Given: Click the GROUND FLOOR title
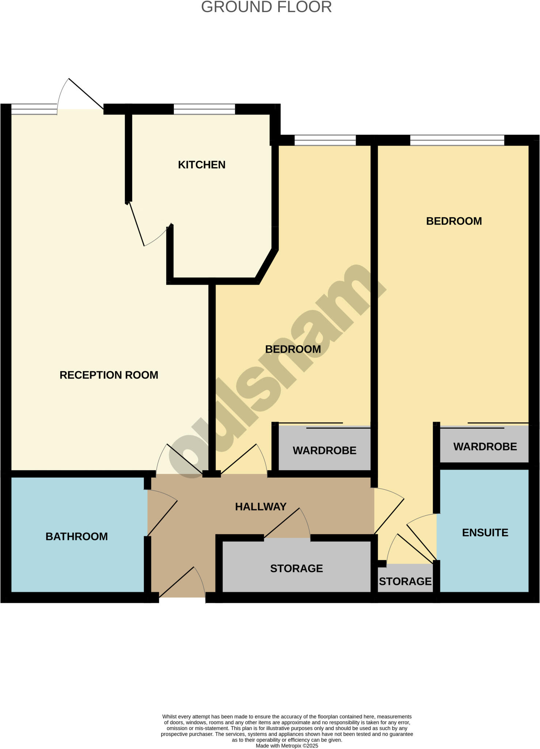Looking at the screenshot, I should [x=266, y=7].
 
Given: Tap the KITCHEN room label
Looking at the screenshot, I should [x=202, y=165].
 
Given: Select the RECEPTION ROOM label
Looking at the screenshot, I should [x=109, y=375].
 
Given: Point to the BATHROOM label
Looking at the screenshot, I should [x=77, y=537].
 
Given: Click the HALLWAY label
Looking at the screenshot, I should [x=261, y=507].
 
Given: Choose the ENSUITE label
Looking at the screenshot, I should [x=485, y=532].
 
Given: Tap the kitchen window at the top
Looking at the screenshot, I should [x=204, y=109].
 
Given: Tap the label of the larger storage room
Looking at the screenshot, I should [x=296, y=568].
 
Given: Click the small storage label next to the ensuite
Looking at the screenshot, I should [x=405, y=581].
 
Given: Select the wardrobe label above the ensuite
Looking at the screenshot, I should [x=485, y=447].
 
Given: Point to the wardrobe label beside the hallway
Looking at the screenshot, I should [x=324, y=450].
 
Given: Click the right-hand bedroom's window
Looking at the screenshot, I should [x=457, y=140].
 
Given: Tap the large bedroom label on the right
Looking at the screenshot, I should [x=454, y=221].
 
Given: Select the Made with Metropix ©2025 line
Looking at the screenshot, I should [x=287, y=746].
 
